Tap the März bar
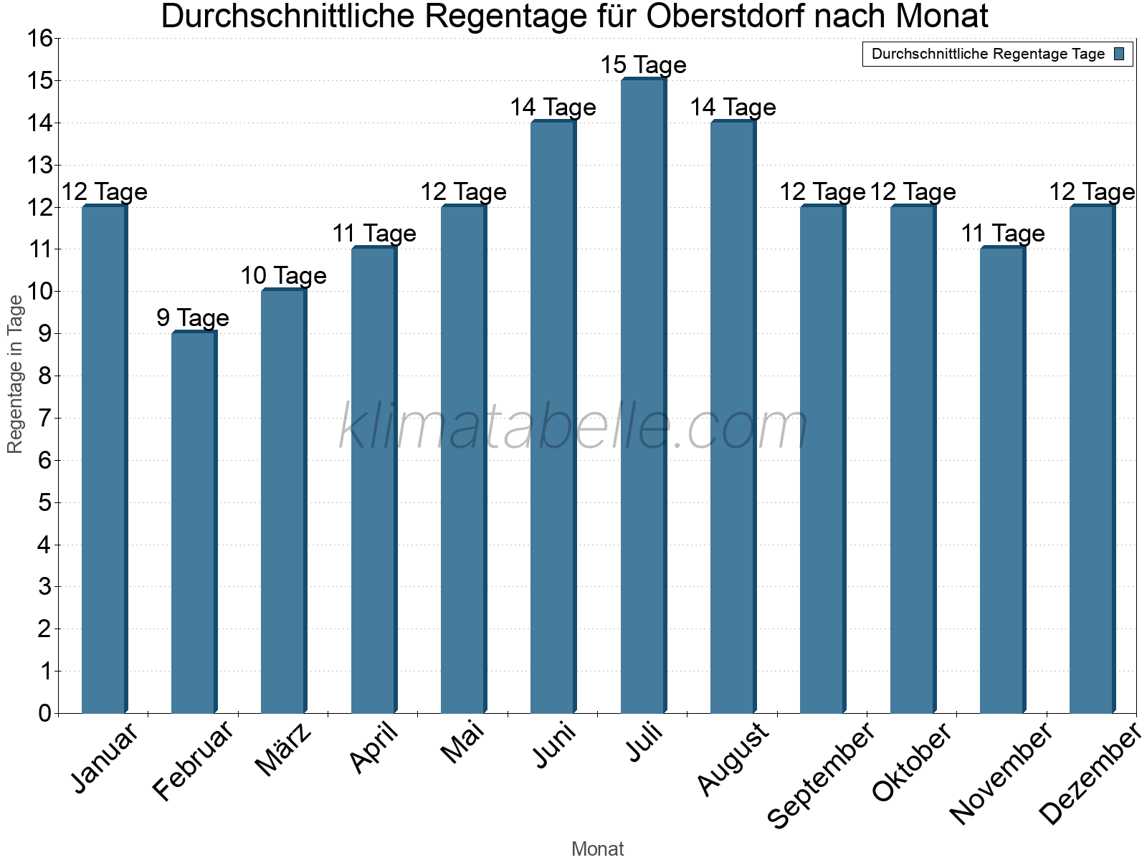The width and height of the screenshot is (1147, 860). point(283,501)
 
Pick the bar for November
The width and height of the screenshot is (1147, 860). point(1002,480)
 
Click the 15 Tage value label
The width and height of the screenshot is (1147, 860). point(643,65)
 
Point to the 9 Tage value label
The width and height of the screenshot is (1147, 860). point(193,317)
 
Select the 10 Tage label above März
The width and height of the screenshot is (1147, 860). point(283,276)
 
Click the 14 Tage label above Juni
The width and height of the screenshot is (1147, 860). point(553,107)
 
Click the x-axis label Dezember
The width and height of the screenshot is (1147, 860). point(1090,774)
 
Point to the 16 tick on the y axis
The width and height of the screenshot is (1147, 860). point(41,39)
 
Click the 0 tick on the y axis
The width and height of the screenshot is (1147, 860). point(45,713)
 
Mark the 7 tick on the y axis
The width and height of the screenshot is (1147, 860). point(45,418)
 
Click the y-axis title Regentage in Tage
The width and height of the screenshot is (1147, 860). point(16,374)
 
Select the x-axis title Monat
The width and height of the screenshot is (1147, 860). point(597,849)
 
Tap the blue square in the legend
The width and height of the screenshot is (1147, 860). point(1119,54)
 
